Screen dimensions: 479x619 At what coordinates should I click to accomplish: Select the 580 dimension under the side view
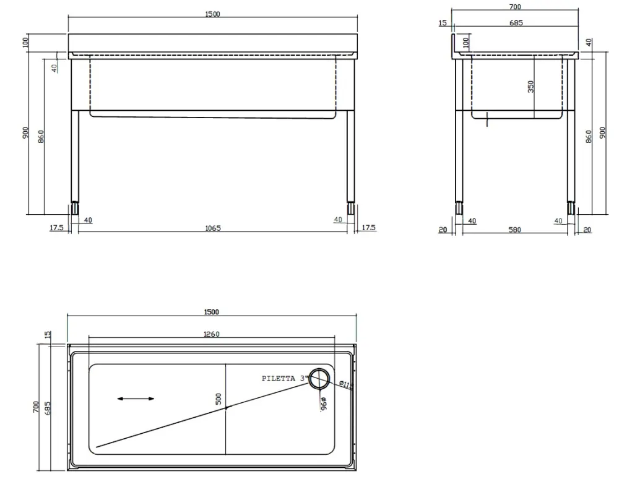514,230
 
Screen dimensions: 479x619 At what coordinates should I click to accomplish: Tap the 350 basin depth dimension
530,86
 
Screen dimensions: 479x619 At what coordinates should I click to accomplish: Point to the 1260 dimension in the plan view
211,334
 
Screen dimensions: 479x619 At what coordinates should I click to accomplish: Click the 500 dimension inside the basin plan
219,399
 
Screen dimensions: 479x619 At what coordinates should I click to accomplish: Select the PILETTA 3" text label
284,378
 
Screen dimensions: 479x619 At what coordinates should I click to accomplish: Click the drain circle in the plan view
319,379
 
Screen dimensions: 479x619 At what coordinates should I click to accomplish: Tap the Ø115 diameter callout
346,385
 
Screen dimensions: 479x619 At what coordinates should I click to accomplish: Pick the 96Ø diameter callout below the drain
323,404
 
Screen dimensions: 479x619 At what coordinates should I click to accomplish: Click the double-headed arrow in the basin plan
136,399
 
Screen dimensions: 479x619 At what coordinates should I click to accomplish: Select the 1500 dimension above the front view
212,14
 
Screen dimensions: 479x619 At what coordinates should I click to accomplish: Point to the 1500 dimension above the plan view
211,313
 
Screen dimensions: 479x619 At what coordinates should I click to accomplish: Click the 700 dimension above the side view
515,7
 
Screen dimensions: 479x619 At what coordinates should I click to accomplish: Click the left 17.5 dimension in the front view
56,228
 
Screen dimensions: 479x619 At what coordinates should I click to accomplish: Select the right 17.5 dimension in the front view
368,228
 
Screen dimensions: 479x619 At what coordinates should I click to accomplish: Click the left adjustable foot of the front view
75,208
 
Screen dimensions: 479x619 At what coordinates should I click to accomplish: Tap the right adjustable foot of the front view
351,208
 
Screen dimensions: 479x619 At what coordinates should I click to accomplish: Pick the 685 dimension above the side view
516,23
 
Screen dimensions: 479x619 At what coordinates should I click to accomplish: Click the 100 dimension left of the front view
25,43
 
